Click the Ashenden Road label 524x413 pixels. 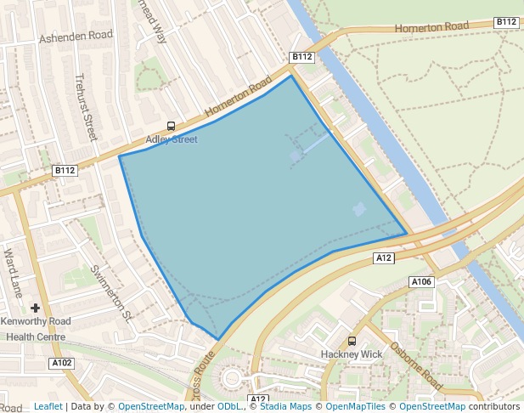point(76,37)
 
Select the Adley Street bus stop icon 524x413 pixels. point(172,127)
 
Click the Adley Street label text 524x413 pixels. point(172,139)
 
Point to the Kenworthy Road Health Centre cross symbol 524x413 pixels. point(36,308)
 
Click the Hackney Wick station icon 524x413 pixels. point(352,341)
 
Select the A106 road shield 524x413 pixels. point(421,281)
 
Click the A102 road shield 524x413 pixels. point(62,363)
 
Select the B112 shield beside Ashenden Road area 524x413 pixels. point(65,170)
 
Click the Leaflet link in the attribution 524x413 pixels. point(48,406)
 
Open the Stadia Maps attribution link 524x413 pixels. point(285,406)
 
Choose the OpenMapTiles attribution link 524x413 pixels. point(356,406)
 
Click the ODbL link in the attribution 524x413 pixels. point(229,406)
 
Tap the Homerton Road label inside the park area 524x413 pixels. point(431,27)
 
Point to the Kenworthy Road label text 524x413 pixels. point(36,322)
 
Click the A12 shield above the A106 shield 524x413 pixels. point(384,257)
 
